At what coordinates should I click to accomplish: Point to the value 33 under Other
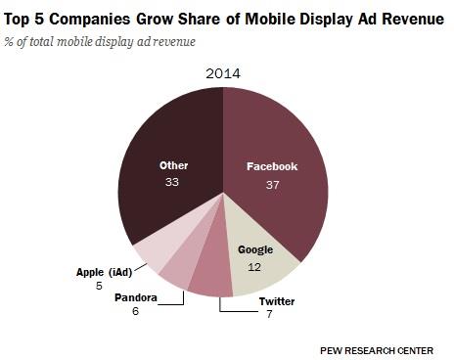(x=173, y=183)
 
